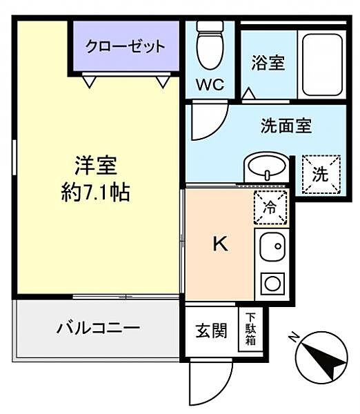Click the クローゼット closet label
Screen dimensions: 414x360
tap(126, 47)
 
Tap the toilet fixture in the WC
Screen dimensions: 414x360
tap(208, 43)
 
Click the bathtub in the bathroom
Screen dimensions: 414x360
tap(321, 64)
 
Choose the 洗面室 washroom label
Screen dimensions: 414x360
tap(286, 126)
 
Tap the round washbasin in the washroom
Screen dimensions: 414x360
tap(266, 166)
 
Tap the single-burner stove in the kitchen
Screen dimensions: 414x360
tap(272, 283)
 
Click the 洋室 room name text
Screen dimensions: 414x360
tap(96, 167)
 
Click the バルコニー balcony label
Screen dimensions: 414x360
tap(98, 327)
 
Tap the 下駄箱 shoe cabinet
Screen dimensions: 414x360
tap(250, 330)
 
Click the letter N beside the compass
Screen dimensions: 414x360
tap(293, 337)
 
